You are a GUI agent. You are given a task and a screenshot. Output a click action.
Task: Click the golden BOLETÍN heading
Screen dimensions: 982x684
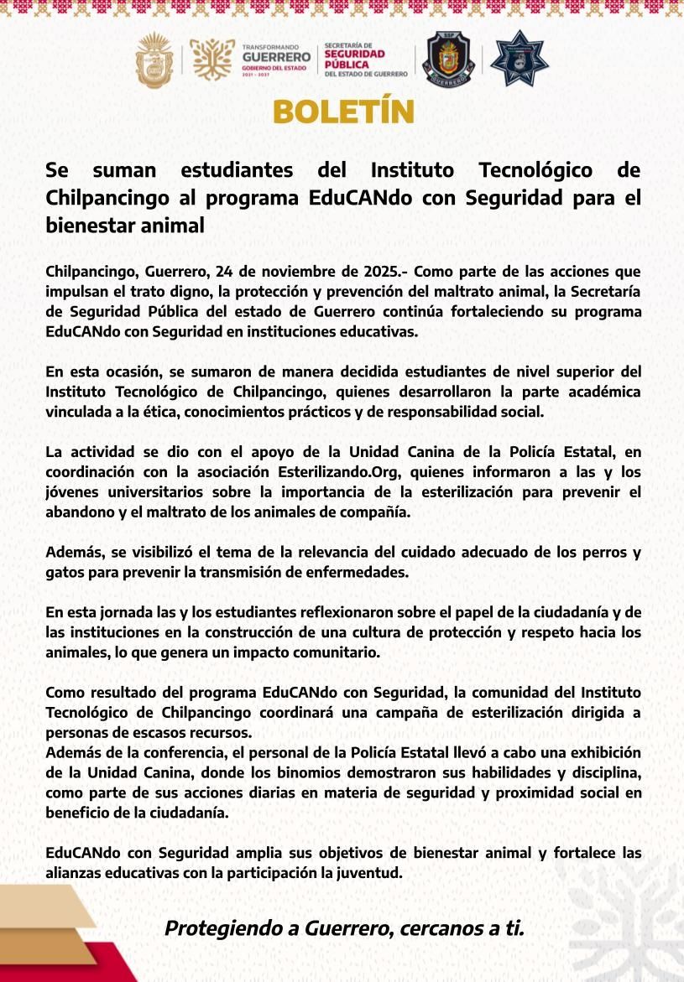click(342, 112)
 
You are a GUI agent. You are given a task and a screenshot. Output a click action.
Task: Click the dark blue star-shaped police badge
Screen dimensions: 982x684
click(519, 59)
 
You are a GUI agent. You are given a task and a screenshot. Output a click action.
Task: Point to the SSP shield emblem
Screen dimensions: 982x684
click(450, 60)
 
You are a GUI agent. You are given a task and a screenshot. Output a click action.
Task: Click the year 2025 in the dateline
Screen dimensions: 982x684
click(384, 272)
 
